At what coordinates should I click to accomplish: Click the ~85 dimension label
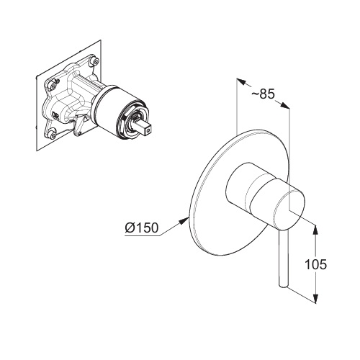[x=263, y=94]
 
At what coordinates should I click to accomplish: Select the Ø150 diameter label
[x=142, y=228]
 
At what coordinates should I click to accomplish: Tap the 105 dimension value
[x=315, y=264]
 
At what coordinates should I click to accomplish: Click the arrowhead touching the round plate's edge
[x=184, y=220]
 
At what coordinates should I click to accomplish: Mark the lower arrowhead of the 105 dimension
[x=316, y=297]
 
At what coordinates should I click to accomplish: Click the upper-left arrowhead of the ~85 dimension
[x=242, y=81]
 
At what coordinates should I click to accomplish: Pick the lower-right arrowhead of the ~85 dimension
[x=284, y=106]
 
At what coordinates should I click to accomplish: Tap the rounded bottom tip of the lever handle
[x=283, y=285]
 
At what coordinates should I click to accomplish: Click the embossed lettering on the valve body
[x=55, y=116]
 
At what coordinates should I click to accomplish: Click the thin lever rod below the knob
[x=283, y=259]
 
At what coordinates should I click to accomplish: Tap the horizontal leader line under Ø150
[x=142, y=236]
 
